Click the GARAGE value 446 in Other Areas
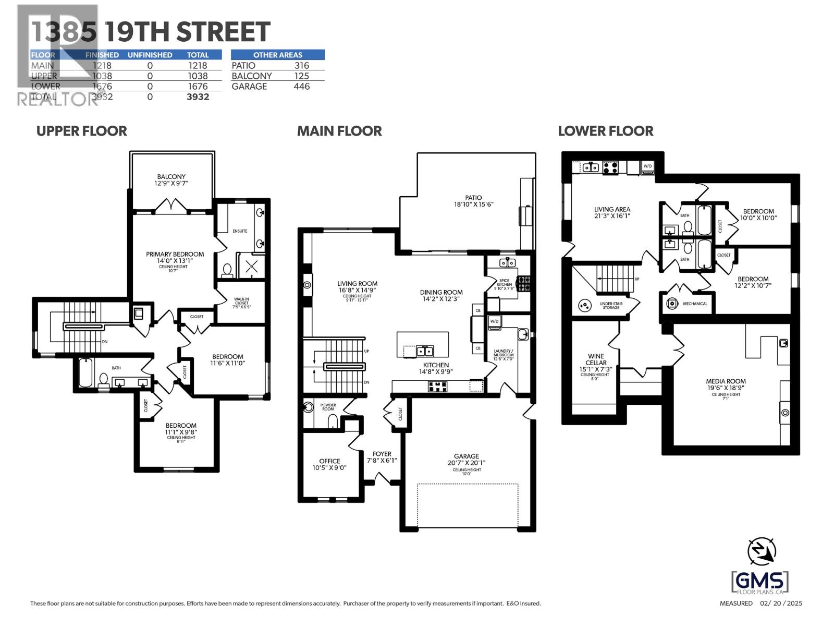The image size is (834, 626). (x=301, y=86)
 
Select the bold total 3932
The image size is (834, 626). (x=198, y=97)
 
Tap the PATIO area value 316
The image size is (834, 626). (x=301, y=65)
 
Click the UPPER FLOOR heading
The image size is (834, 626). (x=81, y=131)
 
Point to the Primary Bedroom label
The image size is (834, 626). (x=175, y=258)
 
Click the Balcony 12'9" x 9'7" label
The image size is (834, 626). (x=171, y=180)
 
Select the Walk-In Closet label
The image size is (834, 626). (x=241, y=303)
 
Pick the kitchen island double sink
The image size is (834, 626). (x=424, y=350)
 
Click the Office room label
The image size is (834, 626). (x=329, y=464)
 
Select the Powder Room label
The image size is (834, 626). (x=328, y=407)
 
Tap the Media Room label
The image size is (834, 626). (x=726, y=384)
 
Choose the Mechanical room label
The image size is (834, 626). (x=695, y=304)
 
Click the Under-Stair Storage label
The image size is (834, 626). (x=611, y=305)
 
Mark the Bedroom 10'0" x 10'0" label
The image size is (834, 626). (x=758, y=215)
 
